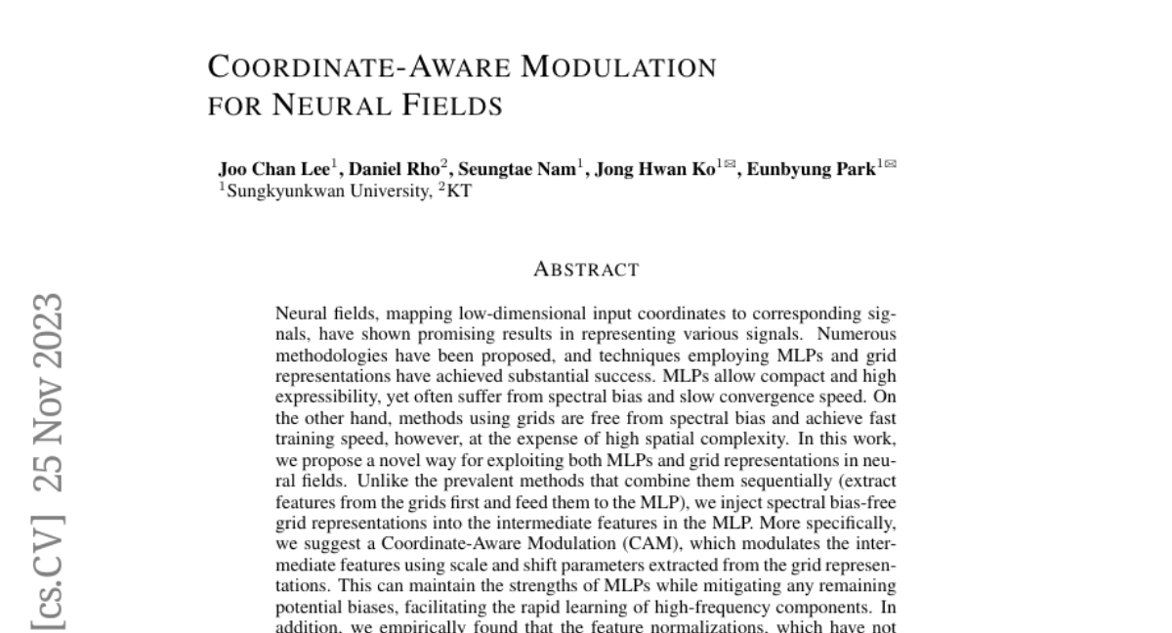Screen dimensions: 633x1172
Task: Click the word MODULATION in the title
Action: click(x=618, y=67)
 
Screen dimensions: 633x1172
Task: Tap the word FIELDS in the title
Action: click(x=453, y=104)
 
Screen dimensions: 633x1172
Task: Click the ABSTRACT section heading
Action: click(x=586, y=270)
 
